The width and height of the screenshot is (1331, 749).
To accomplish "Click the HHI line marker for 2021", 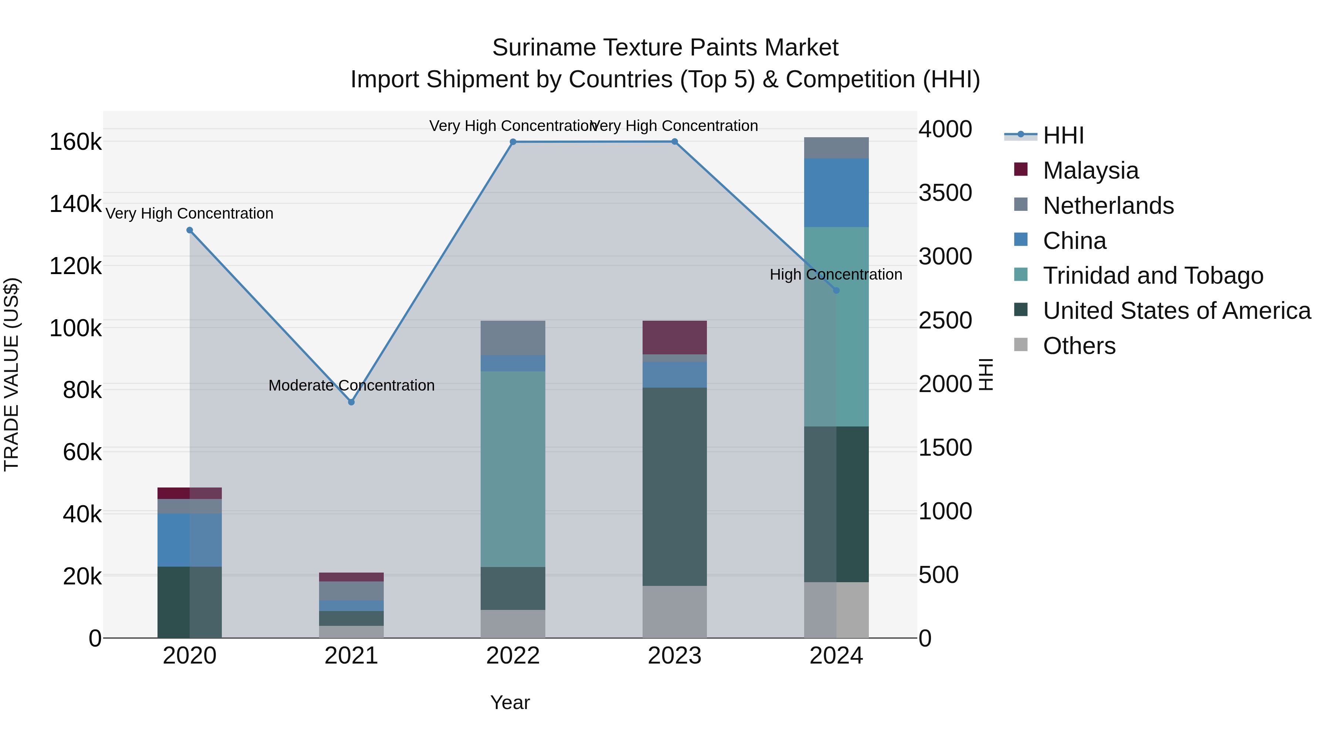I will coord(351,402).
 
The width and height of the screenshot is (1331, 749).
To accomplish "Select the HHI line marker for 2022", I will coord(513,142).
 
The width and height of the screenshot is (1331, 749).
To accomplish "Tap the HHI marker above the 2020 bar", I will coord(190,230).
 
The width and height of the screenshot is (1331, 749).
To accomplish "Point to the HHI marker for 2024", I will coord(837,290).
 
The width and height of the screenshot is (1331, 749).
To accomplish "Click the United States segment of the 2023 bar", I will coord(674,486).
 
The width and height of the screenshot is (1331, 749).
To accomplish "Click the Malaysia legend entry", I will coord(1090,171).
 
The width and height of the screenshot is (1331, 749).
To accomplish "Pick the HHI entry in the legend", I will coord(1063,135).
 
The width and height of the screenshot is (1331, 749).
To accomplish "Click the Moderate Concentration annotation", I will coord(351,385).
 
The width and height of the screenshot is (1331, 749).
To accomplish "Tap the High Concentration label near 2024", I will coord(836,274).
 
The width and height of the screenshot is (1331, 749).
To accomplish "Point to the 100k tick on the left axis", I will coord(75,328).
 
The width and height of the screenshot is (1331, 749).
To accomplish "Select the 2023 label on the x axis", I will coord(674,656).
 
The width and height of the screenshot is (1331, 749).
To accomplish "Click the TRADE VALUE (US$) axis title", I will coord(11,374).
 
